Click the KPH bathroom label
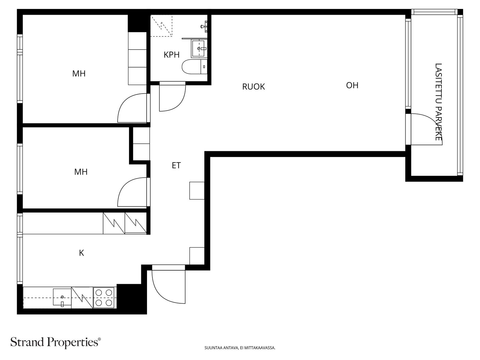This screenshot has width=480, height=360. (171, 55)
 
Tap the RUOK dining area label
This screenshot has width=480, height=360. (253, 87)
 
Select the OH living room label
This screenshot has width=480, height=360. (352, 85)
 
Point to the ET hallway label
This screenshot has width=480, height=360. (176, 166)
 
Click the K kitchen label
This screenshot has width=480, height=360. (81, 253)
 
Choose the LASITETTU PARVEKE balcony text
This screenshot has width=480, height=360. (438, 102)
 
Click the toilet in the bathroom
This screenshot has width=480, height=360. (194, 67)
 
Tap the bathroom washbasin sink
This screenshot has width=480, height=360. (199, 48)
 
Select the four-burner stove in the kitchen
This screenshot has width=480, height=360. (104, 298)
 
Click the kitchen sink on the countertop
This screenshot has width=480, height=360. (62, 297)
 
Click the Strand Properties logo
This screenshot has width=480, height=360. (56, 342)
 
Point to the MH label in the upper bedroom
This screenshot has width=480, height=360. (79, 74)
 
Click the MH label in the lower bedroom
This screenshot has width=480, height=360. (81, 172)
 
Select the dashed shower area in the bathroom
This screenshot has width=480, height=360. (161, 25)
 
